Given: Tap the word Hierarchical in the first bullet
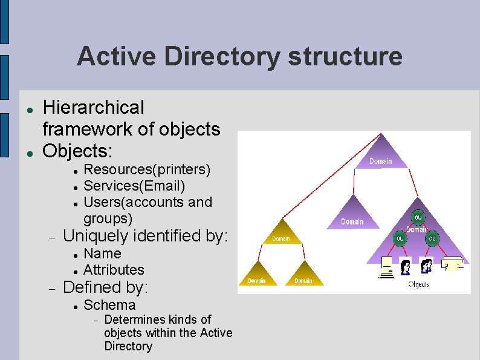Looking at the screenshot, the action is click(94, 108).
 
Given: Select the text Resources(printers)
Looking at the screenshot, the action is click(147, 169).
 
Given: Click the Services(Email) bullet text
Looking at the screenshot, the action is click(134, 185).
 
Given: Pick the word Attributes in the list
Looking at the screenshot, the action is click(114, 270).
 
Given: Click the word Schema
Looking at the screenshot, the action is click(109, 305).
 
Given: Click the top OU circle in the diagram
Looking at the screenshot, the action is click(418, 218).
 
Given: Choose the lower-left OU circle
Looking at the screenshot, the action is click(400, 239).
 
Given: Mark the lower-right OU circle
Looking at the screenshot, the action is click(432, 239).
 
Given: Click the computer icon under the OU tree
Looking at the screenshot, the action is click(386, 267).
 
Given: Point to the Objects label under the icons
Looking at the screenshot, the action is click(419, 284).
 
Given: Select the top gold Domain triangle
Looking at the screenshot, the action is click(281, 233).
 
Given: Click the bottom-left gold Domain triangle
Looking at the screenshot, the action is click(256, 275).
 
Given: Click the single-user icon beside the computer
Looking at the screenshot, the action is click(405, 266).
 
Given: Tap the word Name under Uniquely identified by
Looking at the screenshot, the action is click(102, 254).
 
